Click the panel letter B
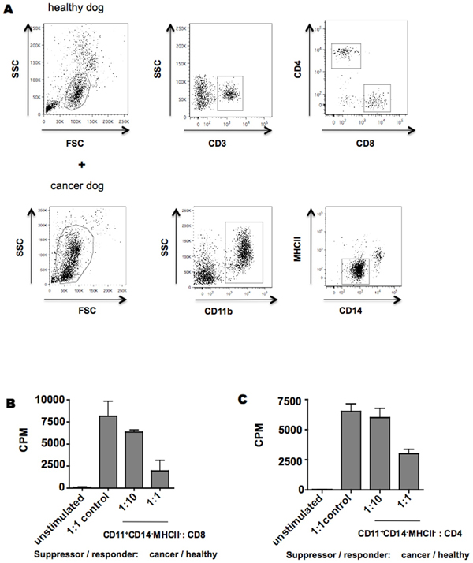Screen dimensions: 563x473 coord(10,402)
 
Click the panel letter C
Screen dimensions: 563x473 coord(244,398)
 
